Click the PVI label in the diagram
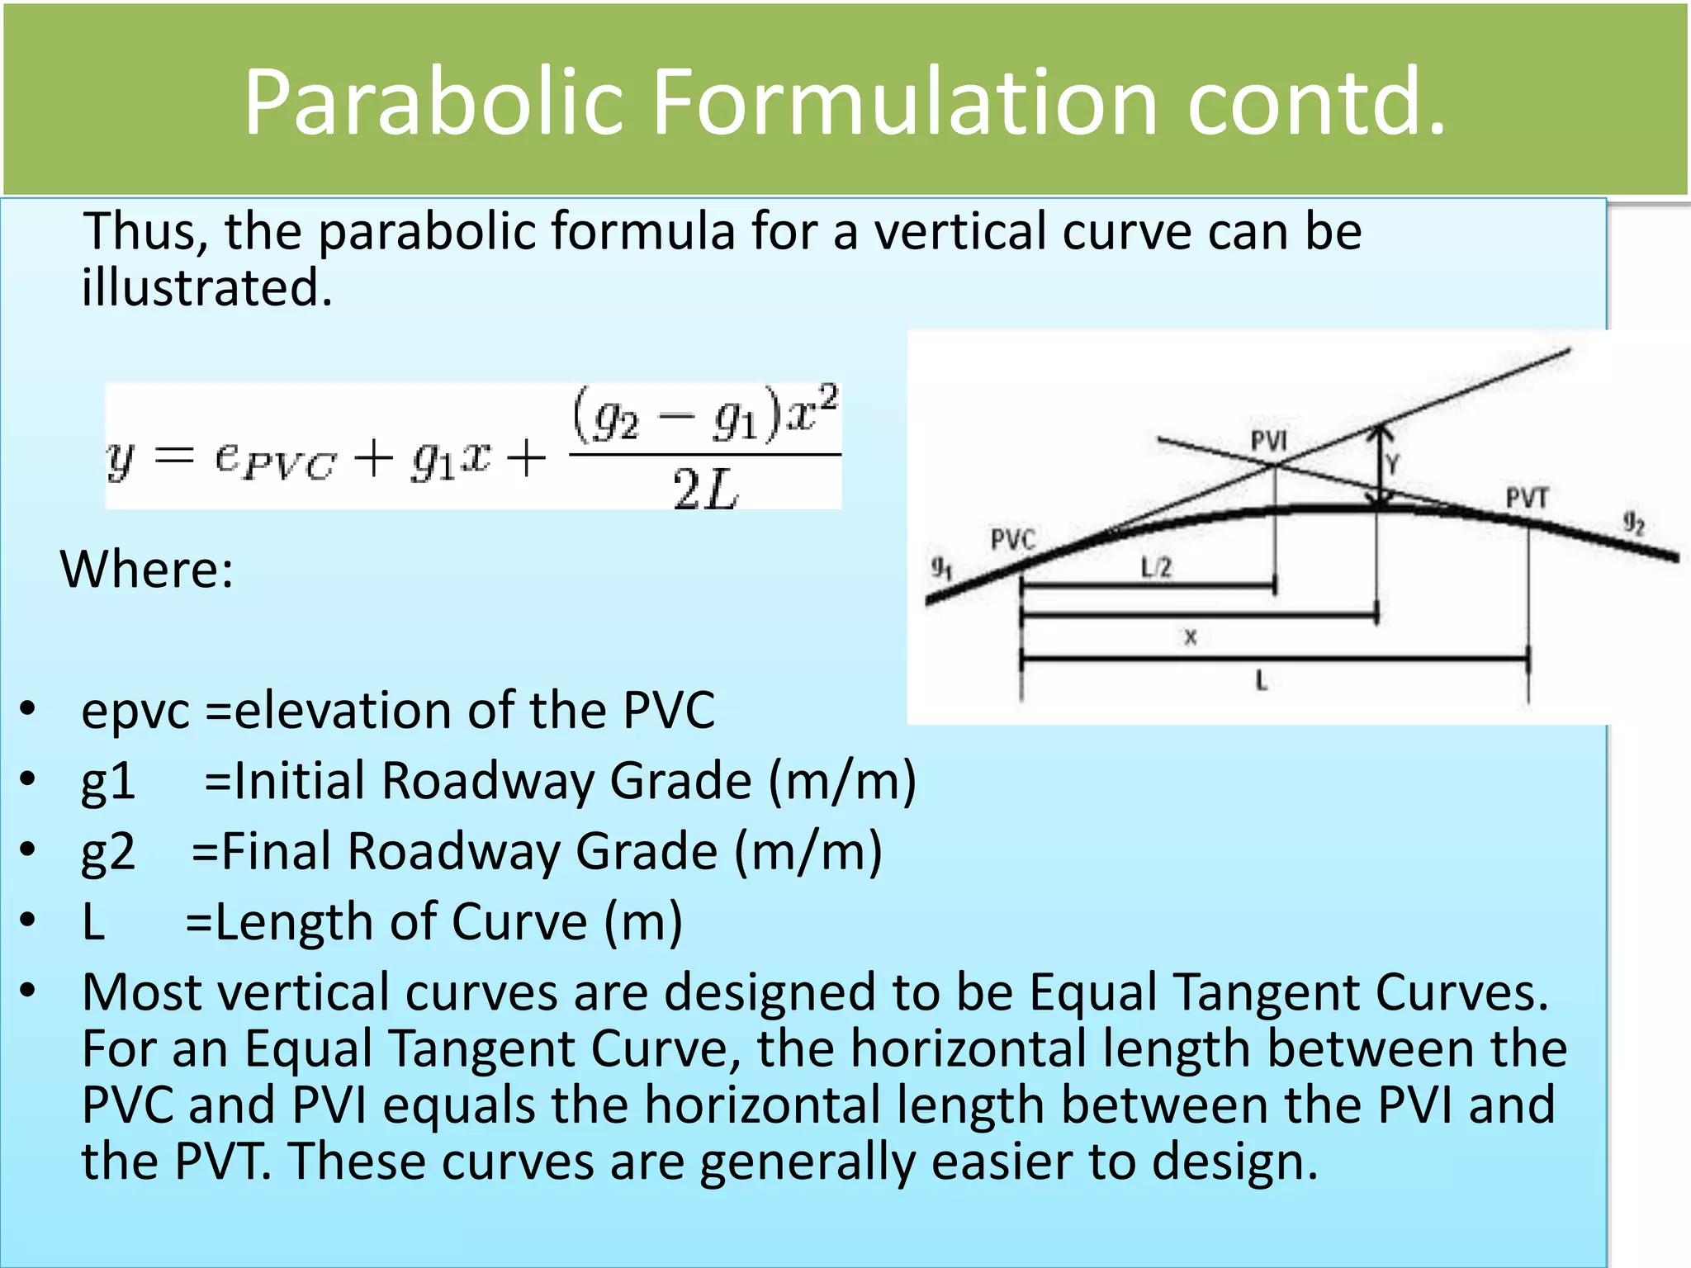click(x=1268, y=441)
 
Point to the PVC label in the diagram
click(x=1012, y=540)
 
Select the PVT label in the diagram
click(x=1527, y=498)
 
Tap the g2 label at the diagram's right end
click(x=1634, y=523)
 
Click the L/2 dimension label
click(x=1156, y=568)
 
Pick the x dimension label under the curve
click(x=1190, y=636)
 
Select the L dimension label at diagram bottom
click(x=1261, y=681)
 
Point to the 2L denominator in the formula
click(x=704, y=490)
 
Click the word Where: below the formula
click(x=147, y=570)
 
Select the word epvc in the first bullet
click(x=135, y=711)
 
